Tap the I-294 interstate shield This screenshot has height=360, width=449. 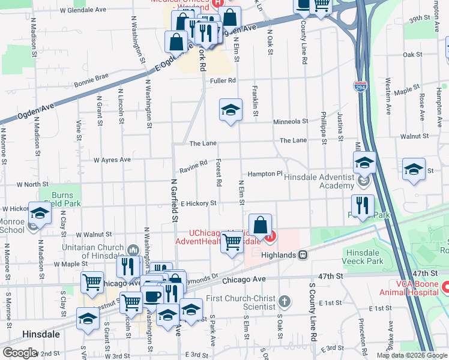(x=360, y=88)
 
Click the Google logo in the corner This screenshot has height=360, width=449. (x=19, y=353)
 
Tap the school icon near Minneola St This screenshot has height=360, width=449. (x=231, y=110)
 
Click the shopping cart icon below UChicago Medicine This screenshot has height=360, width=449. (x=232, y=243)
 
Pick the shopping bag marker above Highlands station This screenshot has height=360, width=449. (x=261, y=226)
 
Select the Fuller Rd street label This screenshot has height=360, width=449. (x=223, y=80)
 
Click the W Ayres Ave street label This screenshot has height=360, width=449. (x=112, y=160)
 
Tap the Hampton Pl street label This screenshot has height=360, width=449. (x=265, y=173)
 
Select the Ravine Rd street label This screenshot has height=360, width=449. (x=193, y=167)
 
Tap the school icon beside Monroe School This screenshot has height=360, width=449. (x=40, y=214)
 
